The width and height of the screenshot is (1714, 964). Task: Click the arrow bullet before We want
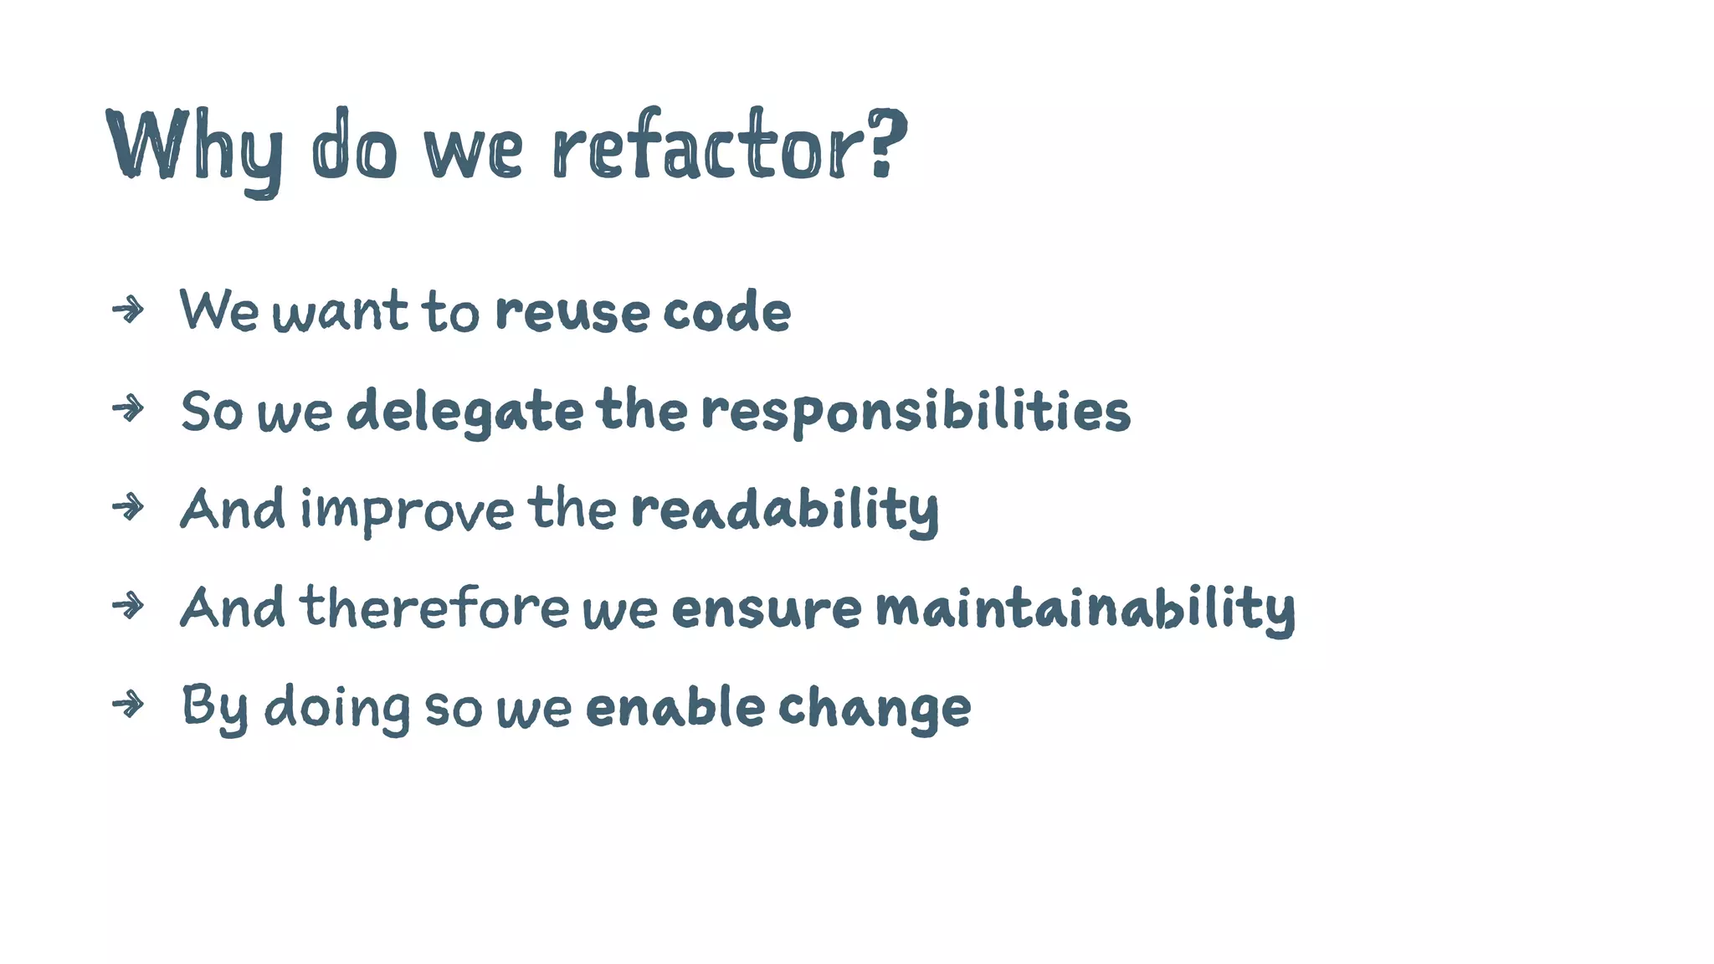(x=128, y=310)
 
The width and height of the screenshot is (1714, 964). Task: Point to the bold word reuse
(x=572, y=312)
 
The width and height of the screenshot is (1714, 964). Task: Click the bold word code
(x=726, y=312)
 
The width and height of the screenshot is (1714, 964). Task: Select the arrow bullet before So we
(x=128, y=409)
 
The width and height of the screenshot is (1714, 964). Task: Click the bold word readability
(x=784, y=510)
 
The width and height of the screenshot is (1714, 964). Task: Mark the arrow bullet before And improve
(x=128, y=507)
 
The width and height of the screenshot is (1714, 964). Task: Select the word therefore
(x=434, y=608)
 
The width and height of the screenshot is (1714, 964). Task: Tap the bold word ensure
(x=766, y=609)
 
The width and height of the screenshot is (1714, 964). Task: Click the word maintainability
(x=1085, y=609)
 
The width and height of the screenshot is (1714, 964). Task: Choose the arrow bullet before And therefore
(x=128, y=606)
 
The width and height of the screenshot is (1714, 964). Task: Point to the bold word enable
(x=675, y=707)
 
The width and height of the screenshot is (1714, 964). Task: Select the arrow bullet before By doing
(x=128, y=705)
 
